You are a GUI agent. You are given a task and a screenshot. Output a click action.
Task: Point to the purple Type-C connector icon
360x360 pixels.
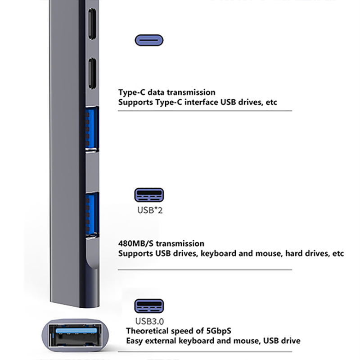(x=149, y=40)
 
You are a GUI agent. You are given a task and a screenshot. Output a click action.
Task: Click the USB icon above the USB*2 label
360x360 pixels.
(x=149, y=195)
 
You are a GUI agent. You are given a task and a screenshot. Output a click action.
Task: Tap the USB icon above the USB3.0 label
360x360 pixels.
(x=149, y=306)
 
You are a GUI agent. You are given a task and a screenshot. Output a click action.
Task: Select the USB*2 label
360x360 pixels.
(x=149, y=210)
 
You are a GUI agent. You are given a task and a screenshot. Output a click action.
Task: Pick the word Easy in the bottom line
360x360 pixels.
(x=135, y=341)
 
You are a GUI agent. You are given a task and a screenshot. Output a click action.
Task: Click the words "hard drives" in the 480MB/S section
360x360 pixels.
(x=289, y=253)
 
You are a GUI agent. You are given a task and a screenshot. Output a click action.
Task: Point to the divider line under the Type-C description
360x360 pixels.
(x=205, y=111)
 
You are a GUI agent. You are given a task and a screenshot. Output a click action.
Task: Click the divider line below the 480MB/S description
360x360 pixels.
(x=205, y=270)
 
